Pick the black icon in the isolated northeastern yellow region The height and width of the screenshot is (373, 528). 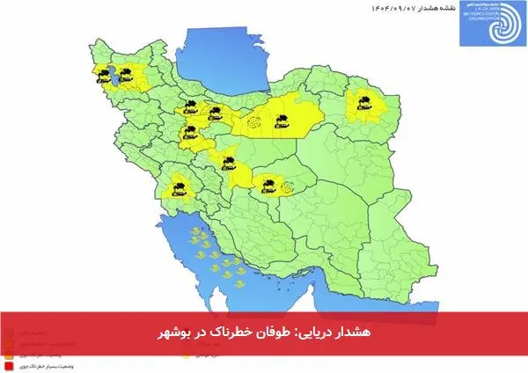[x=361, y=101]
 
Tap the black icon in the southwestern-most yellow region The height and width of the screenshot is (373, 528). [x=178, y=186]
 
